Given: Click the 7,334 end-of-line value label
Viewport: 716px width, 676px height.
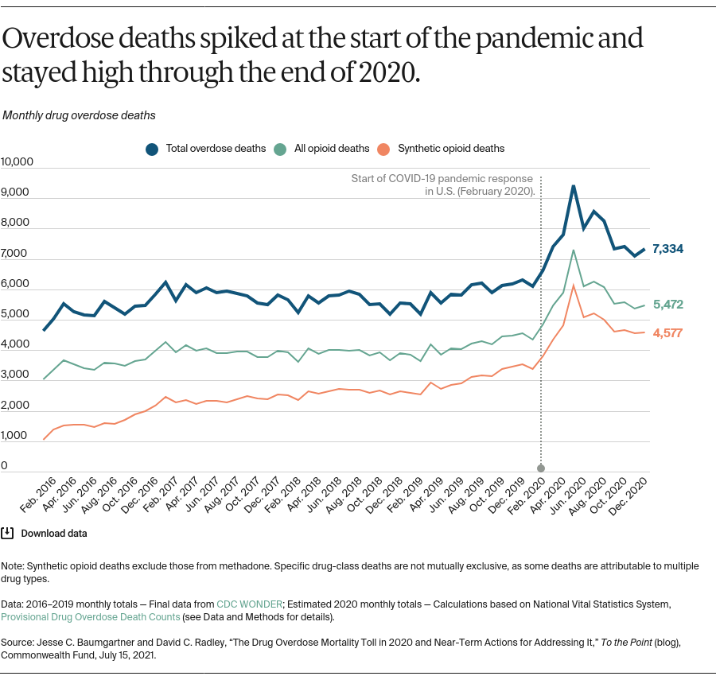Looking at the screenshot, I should [667, 249].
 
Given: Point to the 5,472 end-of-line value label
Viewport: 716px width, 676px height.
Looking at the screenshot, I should [667, 305].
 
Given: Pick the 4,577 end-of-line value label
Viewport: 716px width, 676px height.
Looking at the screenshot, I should [667, 332].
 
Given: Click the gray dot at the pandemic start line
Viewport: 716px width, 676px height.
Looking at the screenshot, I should [541, 468].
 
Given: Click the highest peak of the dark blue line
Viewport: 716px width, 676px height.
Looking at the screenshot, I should [573, 186].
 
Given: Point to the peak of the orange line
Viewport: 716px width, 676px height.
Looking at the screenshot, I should [573, 286].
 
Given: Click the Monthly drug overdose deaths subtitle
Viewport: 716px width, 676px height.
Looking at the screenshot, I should [79, 115].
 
